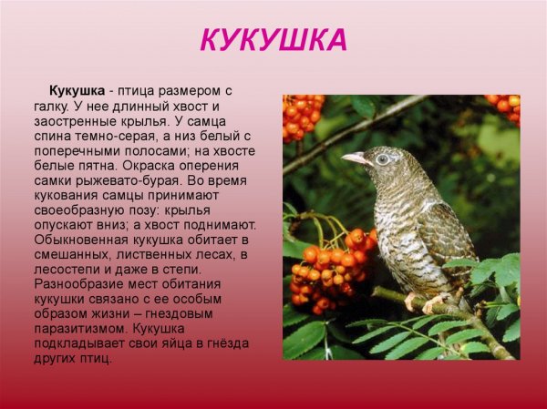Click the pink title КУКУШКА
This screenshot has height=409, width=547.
(x=273, y=40)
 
